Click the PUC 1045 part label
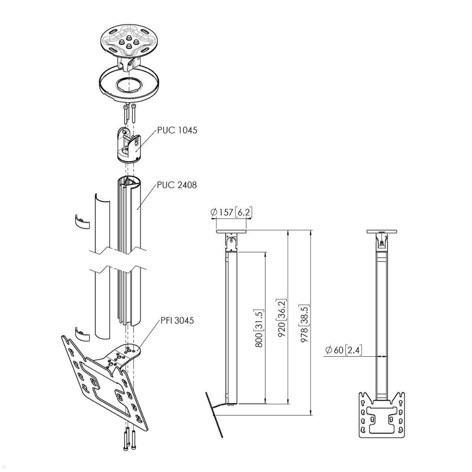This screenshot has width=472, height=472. point(177,131)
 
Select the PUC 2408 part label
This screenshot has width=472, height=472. point(177,184)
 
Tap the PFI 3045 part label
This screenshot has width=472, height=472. point(177,321)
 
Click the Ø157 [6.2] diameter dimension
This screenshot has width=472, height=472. point(231,212)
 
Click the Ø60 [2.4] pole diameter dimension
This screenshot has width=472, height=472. point(343,350)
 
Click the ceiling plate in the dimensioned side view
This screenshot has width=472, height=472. point(231,232)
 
